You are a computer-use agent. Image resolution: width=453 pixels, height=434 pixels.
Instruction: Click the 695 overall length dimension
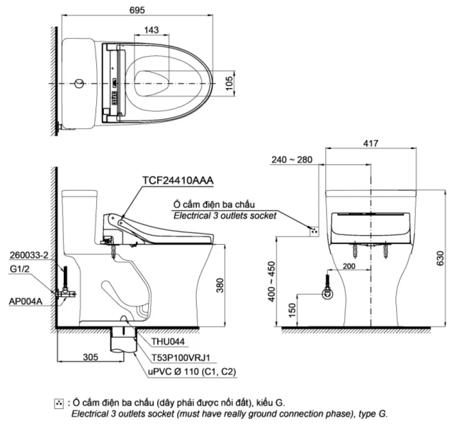(137, 10)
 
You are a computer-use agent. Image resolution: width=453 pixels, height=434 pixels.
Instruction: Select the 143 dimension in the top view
(151, 30)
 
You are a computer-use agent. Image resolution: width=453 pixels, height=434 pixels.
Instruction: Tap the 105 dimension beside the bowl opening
(229, 83)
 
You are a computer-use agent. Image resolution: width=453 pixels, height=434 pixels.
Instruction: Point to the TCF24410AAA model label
(178, 180)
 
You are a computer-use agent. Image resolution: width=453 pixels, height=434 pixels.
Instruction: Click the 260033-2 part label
(29, 255)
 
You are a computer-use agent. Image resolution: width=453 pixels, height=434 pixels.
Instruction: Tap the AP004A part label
(26, 301)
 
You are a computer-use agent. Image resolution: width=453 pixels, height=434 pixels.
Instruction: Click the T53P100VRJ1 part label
(181, 358)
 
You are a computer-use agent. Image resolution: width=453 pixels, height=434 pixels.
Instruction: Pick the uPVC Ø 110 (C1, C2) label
(192, 371)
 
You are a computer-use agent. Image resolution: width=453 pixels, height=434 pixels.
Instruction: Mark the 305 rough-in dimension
(90, 357)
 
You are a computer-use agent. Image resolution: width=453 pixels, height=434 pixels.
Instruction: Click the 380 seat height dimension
(220, 285)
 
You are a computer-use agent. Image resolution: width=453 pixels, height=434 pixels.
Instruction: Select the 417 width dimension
(370, 143)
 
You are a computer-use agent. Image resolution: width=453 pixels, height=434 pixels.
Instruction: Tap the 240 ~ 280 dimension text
(292, 160)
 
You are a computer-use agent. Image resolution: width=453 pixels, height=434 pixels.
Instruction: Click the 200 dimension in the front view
(349, 266)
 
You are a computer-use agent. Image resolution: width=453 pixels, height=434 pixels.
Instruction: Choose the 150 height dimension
(292, 310)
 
